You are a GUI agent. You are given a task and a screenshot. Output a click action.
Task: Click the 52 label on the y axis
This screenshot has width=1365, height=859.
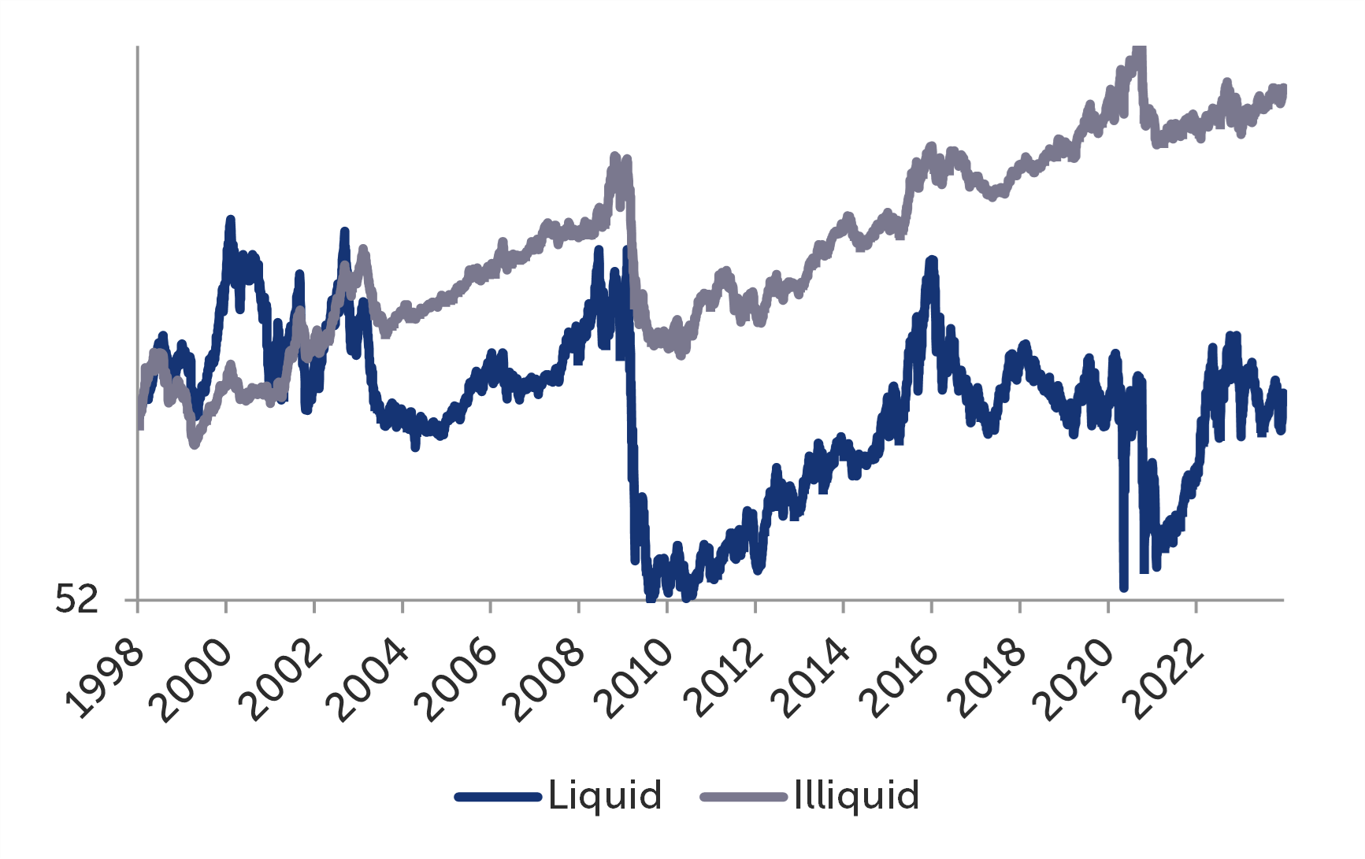click(x=76, y=600)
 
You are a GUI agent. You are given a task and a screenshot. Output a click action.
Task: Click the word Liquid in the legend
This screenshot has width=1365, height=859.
click(x=605, y=795)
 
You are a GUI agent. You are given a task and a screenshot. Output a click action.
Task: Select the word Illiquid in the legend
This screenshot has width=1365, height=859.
click(x=856, y=795)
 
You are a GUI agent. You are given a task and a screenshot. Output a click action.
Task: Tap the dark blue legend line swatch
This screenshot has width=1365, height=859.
click(x=498, y=798)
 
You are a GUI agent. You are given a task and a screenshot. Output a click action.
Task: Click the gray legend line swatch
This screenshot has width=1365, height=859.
click(x=744, y=798)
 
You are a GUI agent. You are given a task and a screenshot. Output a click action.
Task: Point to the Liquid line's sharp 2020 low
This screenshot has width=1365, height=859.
click(x=1123, y=586)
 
